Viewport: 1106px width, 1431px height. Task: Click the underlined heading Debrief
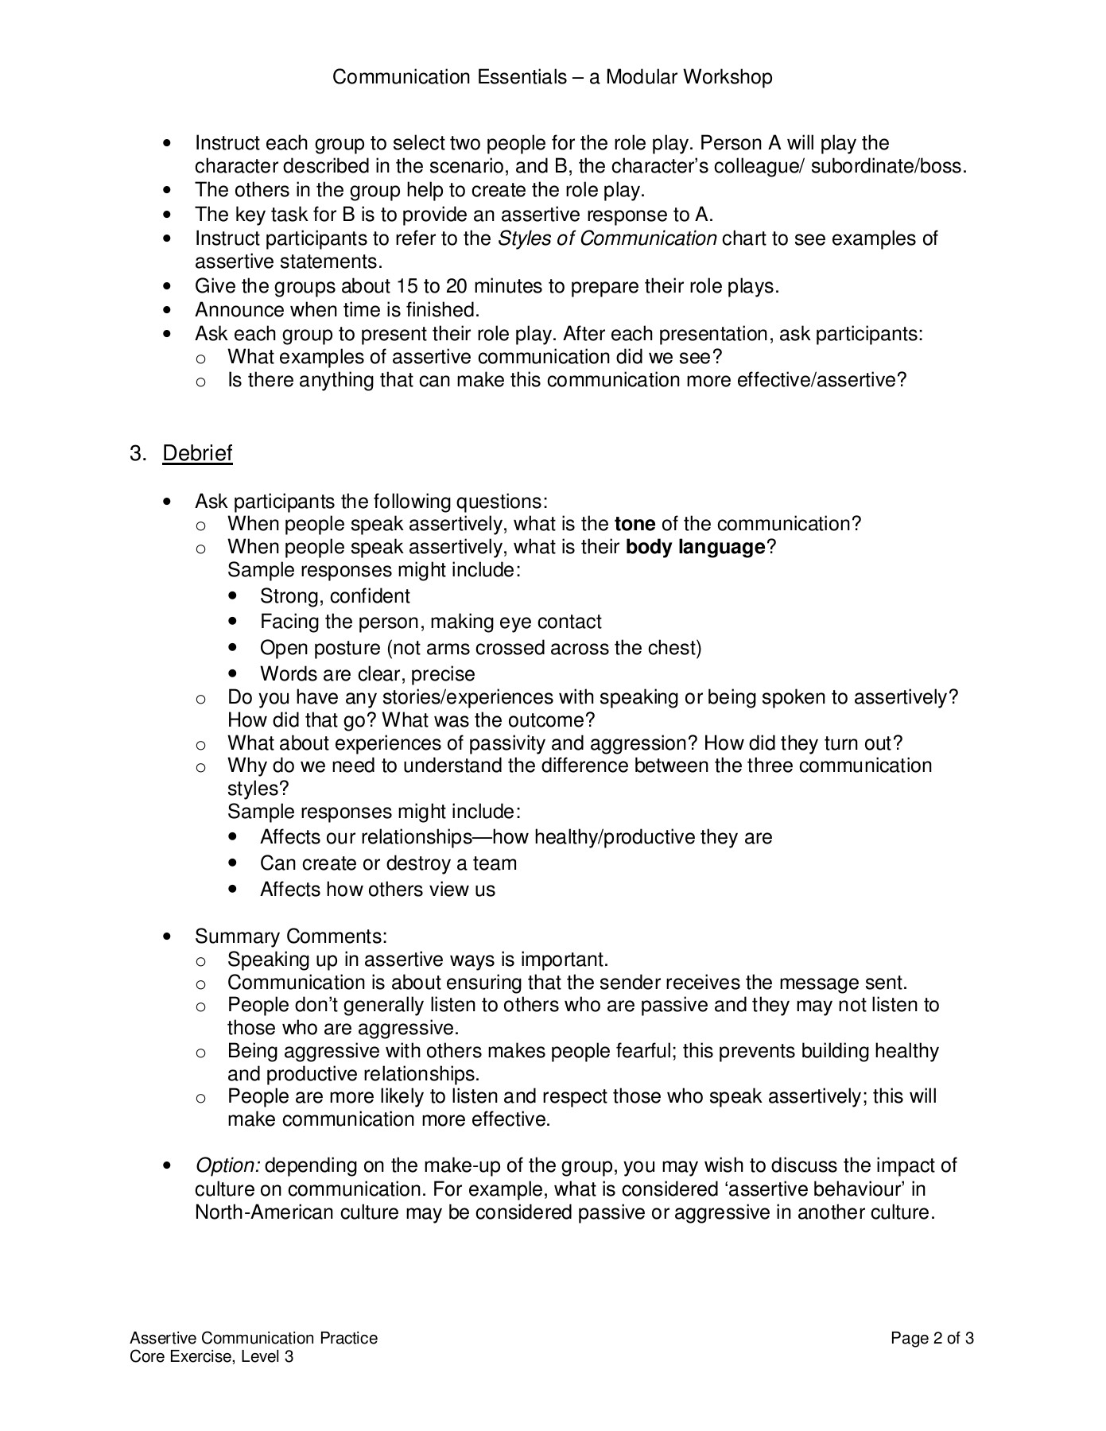pos(197,453)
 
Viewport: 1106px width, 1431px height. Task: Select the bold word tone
pos(634,524)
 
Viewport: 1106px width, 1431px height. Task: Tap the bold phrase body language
pos(695,547)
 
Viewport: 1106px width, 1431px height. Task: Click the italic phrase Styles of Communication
pos(607,238)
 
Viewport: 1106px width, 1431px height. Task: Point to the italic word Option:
pos(227,1165)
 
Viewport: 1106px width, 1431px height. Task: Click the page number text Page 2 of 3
pos(932,1338)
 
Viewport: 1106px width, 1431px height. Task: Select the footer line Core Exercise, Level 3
pos(211,1356)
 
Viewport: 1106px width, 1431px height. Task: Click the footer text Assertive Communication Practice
pos(253,1338)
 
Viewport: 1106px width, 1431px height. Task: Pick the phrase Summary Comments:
pos(290,937)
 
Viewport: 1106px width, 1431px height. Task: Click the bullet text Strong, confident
pos(335,596)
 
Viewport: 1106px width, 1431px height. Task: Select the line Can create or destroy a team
pos(388,863)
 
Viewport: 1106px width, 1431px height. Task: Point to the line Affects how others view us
pos(377,889)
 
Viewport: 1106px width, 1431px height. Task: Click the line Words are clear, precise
pos(367,674)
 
